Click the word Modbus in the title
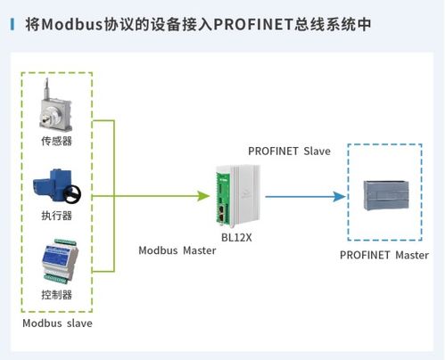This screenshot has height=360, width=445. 72,24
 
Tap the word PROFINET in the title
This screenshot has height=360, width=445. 253,24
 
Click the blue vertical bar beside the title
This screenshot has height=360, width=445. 12,24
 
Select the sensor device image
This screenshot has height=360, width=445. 55,104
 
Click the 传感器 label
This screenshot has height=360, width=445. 56,141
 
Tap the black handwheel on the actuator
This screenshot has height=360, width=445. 72,194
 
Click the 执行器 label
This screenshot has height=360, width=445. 56,216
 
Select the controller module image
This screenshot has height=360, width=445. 60,261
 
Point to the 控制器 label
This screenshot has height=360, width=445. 56,295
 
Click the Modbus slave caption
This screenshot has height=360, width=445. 57,323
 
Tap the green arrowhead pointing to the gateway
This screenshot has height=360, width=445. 203,196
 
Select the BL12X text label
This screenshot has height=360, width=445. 236,238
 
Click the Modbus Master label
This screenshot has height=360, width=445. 177,250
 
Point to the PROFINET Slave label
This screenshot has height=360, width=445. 289,151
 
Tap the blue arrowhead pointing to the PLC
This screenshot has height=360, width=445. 339,196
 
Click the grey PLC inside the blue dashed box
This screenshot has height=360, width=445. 386,195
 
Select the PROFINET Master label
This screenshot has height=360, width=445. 384,255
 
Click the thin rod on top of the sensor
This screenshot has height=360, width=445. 46,88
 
